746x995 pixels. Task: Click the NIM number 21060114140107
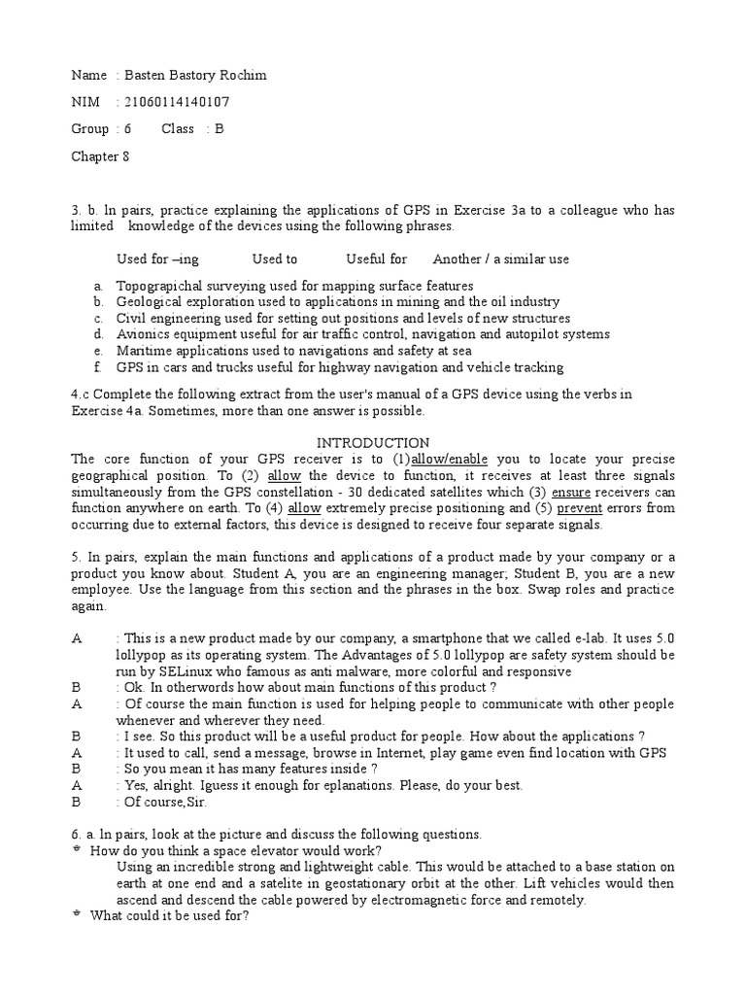point(175,102)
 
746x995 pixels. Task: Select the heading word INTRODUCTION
point(374,443)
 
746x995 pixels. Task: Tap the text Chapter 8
point(100,154)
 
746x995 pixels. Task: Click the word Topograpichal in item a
point(158,286)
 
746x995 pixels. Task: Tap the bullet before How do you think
point(78,850)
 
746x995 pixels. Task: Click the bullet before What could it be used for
point(78,915)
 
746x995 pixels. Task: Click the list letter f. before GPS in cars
point(98,367)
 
